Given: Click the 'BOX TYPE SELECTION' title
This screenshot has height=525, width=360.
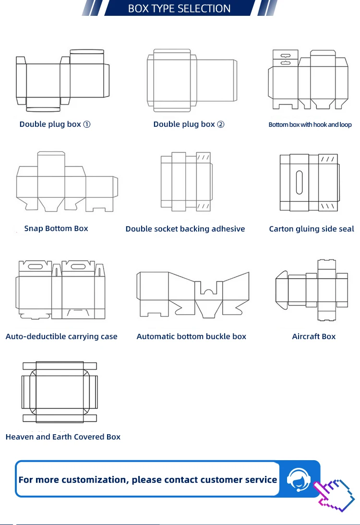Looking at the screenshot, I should tap(179, 9).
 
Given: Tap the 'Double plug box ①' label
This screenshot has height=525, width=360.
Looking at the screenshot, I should tap(55, 124).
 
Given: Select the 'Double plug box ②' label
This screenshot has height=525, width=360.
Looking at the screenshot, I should tap(189, 124).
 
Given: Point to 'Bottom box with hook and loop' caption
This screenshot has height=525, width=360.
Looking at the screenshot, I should tap(310, 125).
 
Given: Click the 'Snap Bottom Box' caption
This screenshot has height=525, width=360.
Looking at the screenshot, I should tap(56, 229).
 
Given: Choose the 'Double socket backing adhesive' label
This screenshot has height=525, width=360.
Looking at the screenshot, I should tap(185, 229).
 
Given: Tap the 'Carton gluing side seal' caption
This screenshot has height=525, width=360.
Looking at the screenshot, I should tap(312, 229).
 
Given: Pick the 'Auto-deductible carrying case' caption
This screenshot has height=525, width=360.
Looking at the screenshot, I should tap(61, 337).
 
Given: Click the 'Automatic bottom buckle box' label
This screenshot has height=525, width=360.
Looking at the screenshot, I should tap(191, 337).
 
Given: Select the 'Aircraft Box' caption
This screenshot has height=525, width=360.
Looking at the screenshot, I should tap(313, 337).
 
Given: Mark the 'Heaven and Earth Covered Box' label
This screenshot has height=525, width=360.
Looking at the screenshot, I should tap(63, 437).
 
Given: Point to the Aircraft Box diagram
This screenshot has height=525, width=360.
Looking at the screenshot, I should tap(312, 290).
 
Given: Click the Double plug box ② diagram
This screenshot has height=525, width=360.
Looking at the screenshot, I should tap(192, 81).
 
